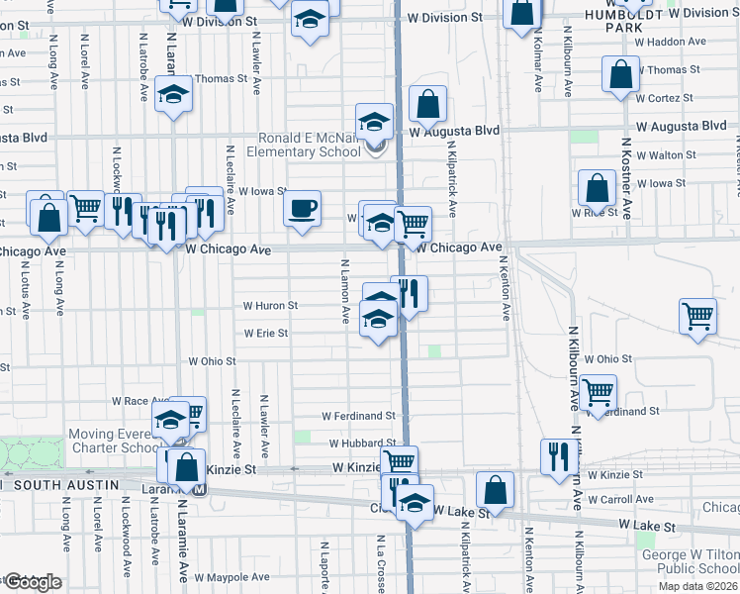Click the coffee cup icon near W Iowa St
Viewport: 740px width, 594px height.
pos(303,209)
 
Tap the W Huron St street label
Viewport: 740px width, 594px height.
pos(271,306)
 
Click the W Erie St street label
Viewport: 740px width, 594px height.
pos(266,334)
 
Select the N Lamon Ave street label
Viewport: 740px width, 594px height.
pos(346,293)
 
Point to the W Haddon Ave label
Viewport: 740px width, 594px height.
pos(670,43)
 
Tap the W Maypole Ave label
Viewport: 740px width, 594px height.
pos(231,577)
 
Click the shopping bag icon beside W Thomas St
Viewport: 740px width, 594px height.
pos(619,75)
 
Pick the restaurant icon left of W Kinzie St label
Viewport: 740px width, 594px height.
pos(559,455)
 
